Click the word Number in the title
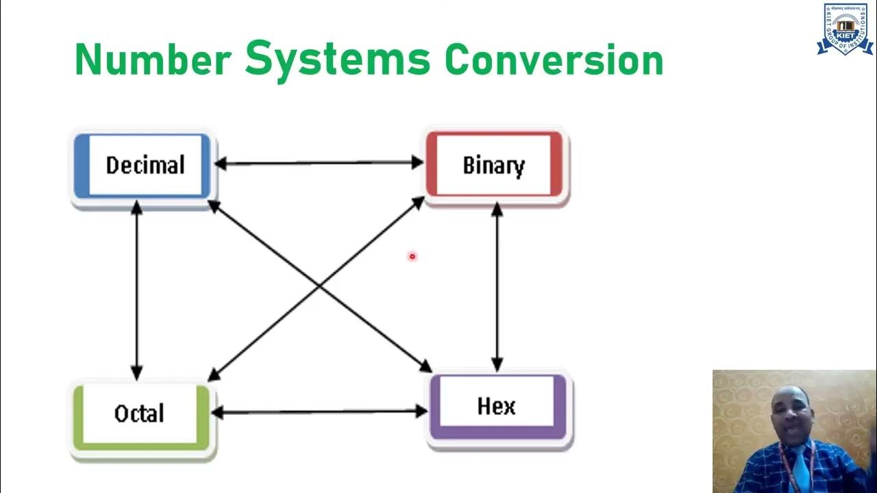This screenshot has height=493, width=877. click(152, 60)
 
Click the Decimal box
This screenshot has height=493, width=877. click(145, 166)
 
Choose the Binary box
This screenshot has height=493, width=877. click(494, 166)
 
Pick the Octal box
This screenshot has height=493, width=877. click(140, 414)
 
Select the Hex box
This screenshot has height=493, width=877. click(496, 406)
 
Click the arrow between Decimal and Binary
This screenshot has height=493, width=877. click(319, 163)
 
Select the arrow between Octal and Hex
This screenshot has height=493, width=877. click(319, 412)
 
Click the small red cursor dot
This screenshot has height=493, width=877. click(412, 257)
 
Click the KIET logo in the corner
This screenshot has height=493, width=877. click(844, 29)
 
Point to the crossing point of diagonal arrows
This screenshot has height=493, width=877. click(319, 288)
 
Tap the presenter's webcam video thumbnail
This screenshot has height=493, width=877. click(794, 431)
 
